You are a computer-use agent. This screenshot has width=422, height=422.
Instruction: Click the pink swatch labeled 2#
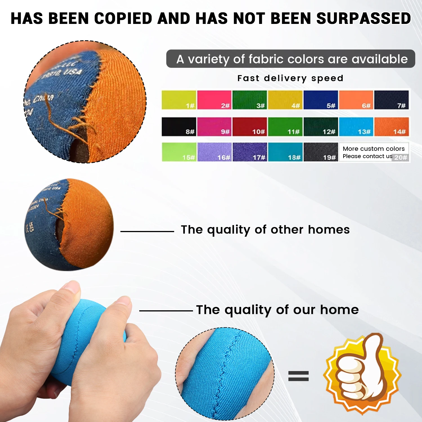coord(214,100)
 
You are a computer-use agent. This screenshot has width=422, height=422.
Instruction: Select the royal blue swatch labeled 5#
coord(320,100)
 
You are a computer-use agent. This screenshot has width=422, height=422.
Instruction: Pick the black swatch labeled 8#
coord(179,127)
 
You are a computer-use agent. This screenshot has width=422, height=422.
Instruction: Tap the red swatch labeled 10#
coord(250,127)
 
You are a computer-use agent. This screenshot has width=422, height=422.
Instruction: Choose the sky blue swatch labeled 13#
coord(356,127)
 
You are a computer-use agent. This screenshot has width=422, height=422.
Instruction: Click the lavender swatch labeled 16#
coord(214,152)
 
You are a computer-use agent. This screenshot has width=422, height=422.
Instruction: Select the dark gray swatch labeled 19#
coord(321,152)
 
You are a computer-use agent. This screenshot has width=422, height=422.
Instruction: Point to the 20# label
coord(401,158)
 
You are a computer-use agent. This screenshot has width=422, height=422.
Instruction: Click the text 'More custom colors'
coord(374,149)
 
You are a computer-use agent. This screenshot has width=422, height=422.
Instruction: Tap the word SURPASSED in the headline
coord(363,19)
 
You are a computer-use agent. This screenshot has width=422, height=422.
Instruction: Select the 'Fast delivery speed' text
coord(290,78)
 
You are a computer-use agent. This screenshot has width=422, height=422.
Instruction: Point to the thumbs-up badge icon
coord(362,374)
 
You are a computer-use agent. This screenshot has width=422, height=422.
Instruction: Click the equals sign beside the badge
coord(298,376)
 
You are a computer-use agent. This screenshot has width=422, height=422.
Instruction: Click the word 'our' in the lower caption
coord(305,310)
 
